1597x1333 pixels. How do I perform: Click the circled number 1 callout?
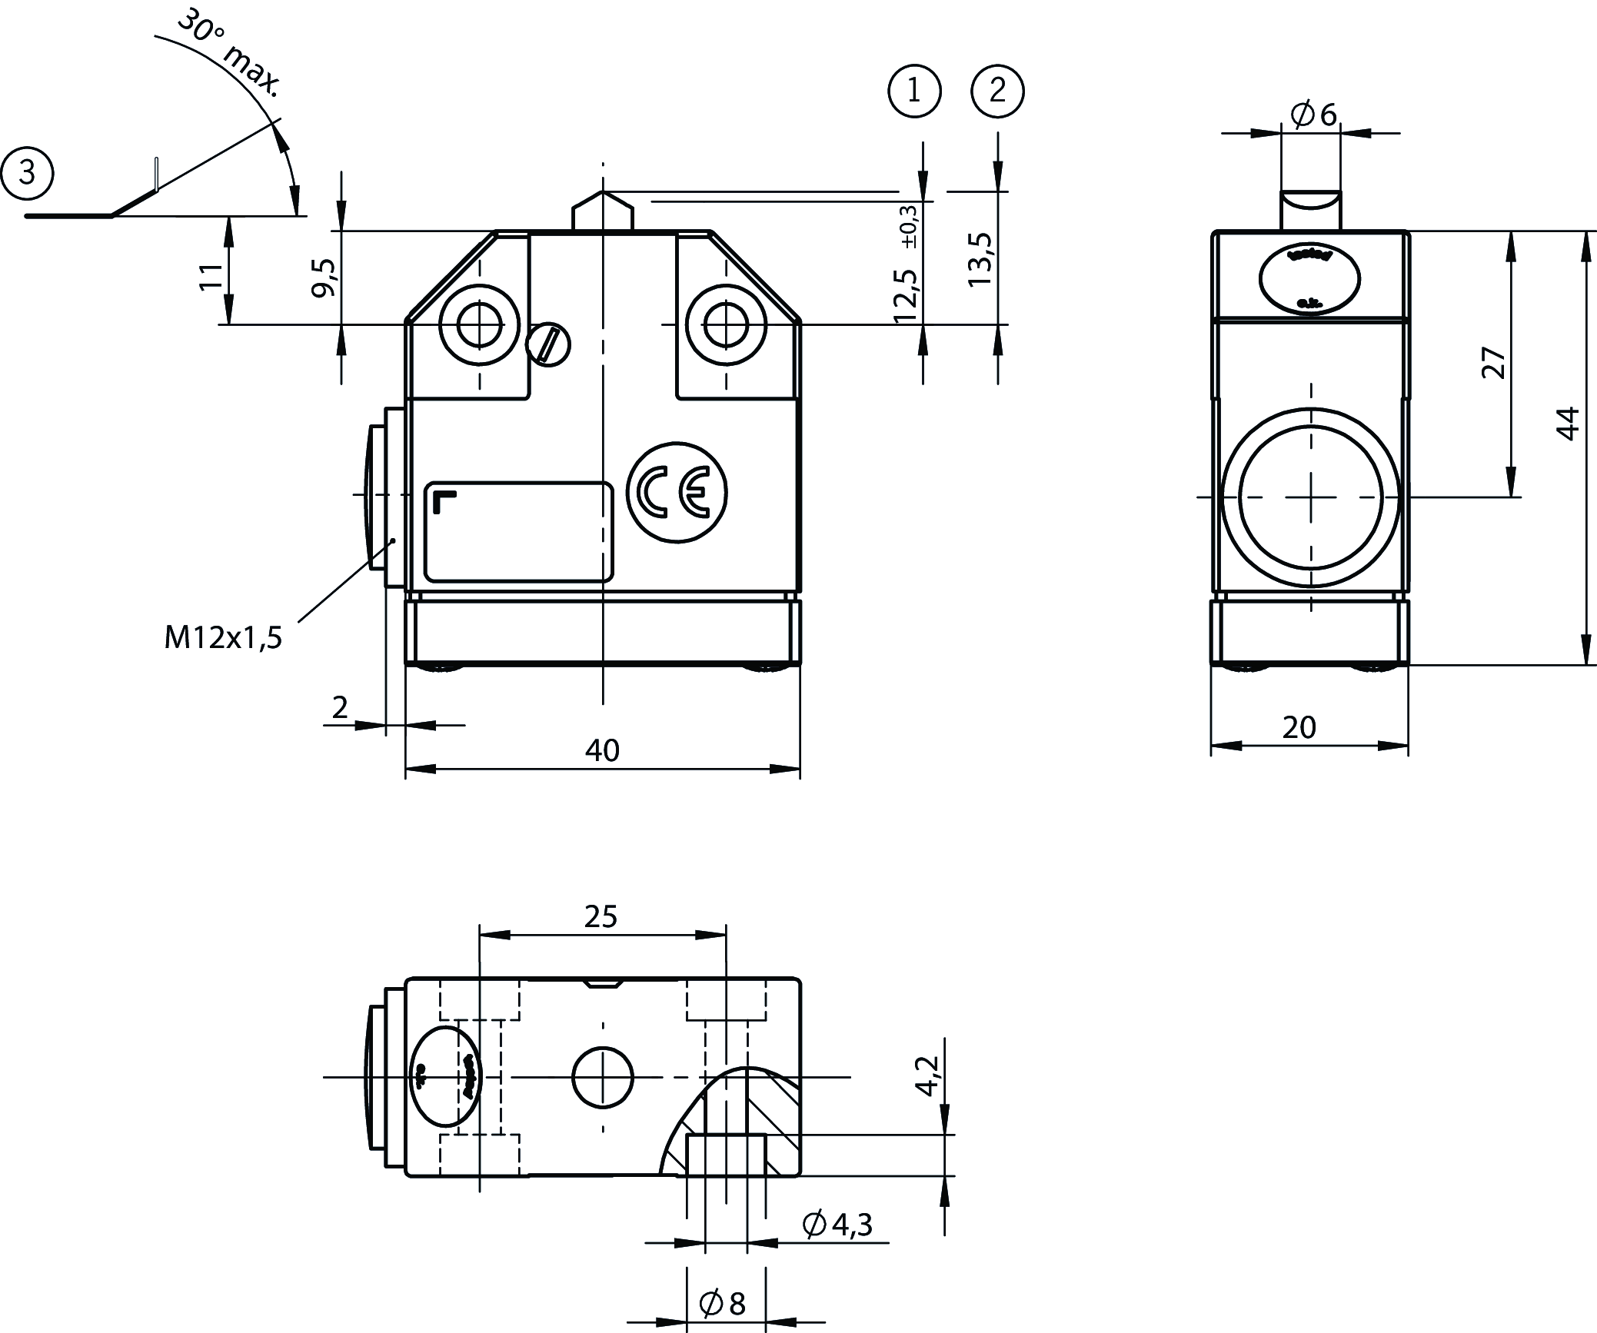[x=914, y=92]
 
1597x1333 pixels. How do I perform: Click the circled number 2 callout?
[x=998, y=92]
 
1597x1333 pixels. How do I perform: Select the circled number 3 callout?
[x=28, y=174]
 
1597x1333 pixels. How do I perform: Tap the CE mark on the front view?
[x=677, y=493]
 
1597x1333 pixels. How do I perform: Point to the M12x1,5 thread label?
[x=223, y=637]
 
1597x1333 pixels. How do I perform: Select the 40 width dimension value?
[x=602, y=750]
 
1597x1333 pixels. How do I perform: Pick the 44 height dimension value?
[x=1567, y=423]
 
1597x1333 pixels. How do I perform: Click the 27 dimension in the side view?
[x=1493, y=362]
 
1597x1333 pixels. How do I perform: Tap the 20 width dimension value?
[x=1299, y=727]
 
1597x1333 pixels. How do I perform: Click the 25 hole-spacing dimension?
[x=601, y=916]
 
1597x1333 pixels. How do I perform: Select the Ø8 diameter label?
[x=723, y=1303]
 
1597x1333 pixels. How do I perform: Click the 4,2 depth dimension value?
[x=928, y=1076]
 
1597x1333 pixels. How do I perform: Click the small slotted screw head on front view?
[x=548, y=344]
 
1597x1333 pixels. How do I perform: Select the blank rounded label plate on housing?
[x=519, y=531]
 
